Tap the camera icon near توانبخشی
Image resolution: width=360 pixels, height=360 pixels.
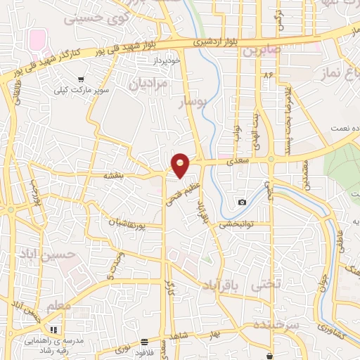243,202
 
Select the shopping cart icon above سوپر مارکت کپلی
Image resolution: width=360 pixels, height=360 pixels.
82,79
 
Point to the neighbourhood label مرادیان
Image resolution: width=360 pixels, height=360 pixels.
148,84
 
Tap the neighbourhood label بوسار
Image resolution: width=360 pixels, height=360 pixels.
194,103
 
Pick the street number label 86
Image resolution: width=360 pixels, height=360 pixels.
268,74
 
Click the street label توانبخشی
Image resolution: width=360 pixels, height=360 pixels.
235,225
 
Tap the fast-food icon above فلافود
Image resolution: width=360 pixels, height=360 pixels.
144,342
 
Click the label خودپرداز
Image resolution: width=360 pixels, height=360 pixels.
157,61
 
